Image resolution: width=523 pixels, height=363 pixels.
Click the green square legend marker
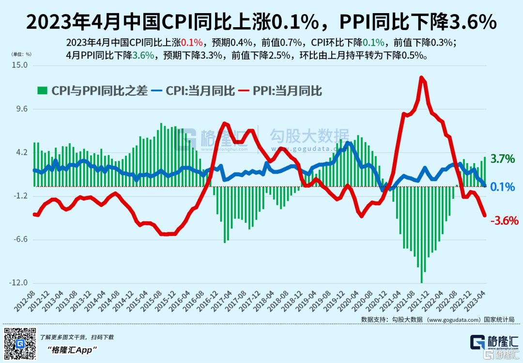pyautogui.click(x=43, y=90)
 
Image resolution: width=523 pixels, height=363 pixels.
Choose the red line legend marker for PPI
pyautogui.click(x=243, y=90)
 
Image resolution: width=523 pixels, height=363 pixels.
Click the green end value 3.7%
pyautogui.click(x=502, y=159)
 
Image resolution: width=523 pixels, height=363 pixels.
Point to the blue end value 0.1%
pyautogui.click(x=502, y=186)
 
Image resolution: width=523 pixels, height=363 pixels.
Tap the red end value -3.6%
pyautogui.click(x=504, y=220)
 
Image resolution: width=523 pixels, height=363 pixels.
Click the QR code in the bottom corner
pyautogui.click(x=20, y=344)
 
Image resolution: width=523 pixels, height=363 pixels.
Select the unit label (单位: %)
pyautogui.click(x=22, y=54)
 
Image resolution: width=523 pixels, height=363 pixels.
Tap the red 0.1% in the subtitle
pyautogui.click(x=191, y=42)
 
